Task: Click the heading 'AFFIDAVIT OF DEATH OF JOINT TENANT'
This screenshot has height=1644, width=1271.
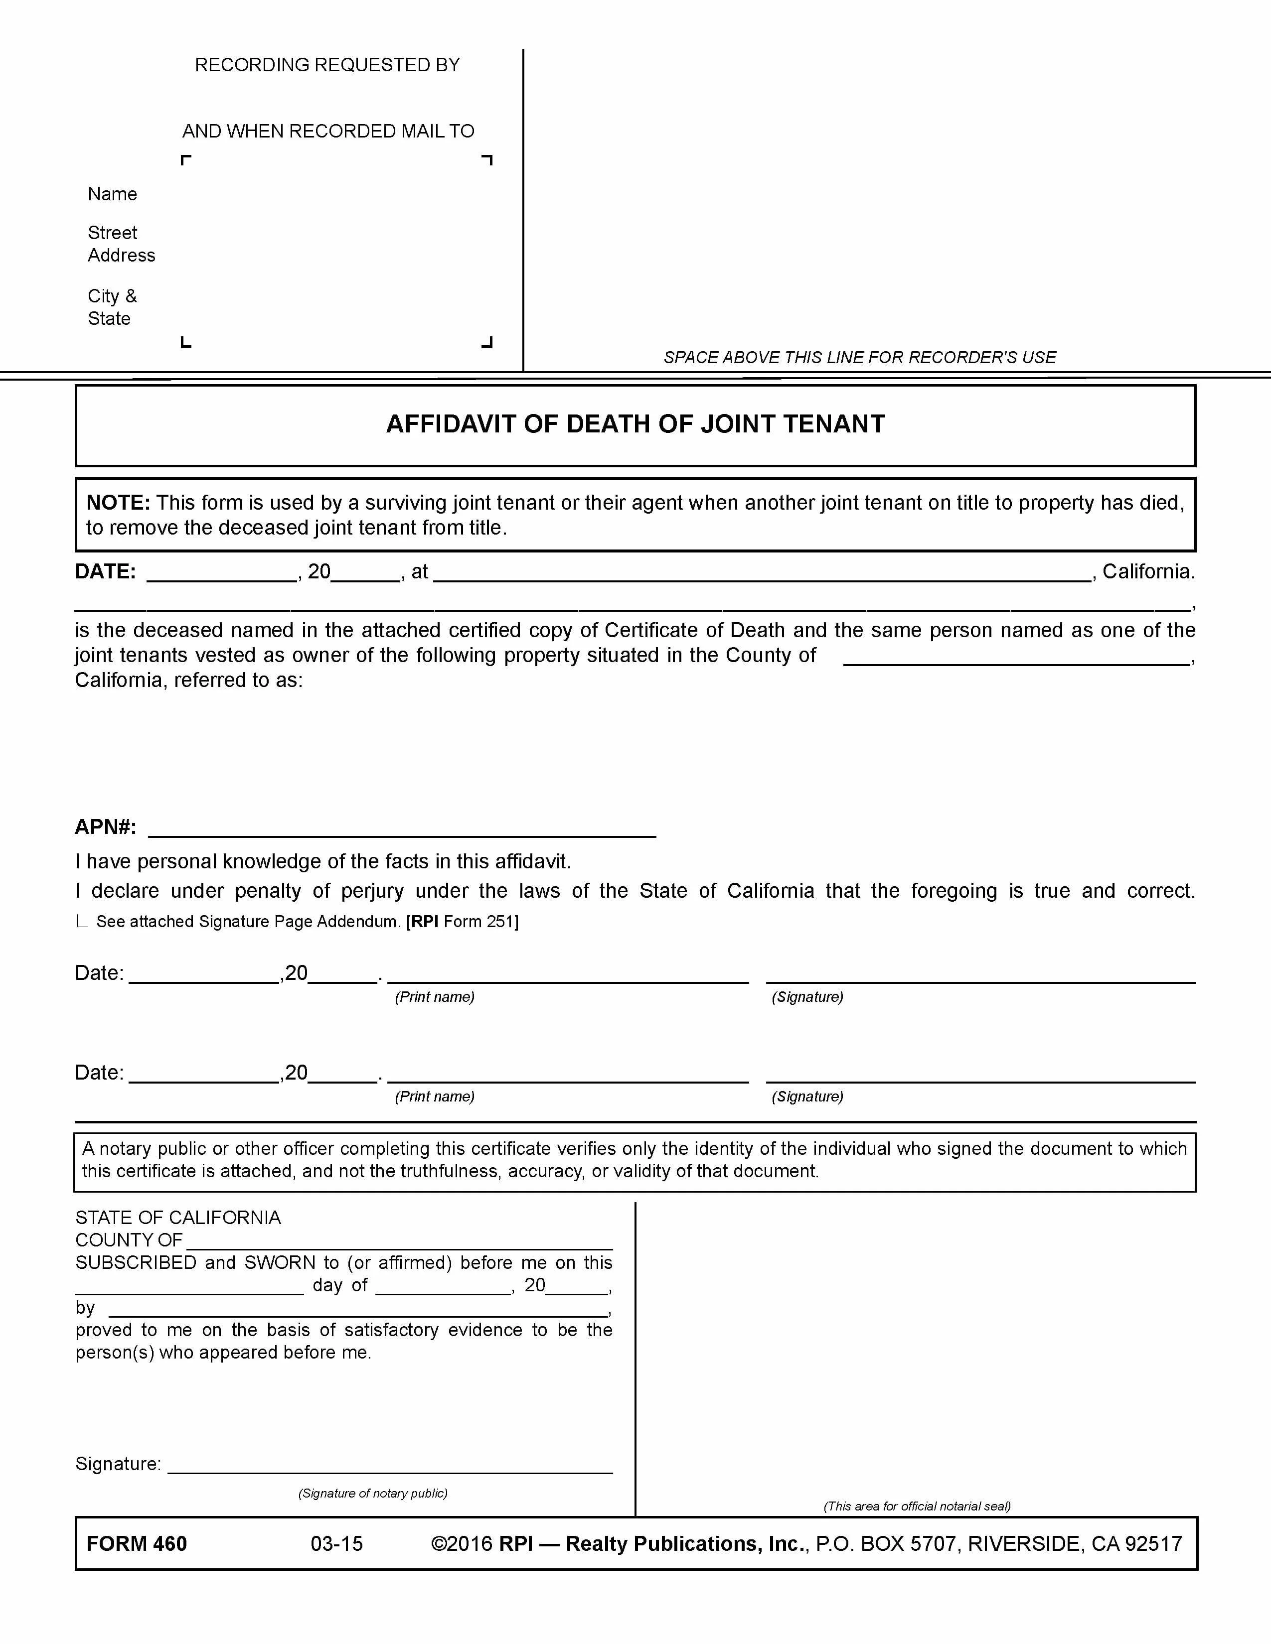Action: coord(635,424)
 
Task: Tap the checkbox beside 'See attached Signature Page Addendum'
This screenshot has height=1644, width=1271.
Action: coord(82,921)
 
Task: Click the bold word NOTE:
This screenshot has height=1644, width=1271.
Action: coord(118,503)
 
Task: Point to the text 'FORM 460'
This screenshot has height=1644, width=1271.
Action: coord(136,1544)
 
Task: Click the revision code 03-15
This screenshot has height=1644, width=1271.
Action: coord(336,1544)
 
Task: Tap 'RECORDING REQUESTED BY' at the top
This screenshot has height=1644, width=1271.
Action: coord(327,65)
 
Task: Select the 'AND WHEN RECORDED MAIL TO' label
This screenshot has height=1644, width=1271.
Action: coord(328,131)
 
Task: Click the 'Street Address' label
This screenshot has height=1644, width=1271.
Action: coord(121,244)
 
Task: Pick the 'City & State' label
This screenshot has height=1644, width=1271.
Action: coord(112,307)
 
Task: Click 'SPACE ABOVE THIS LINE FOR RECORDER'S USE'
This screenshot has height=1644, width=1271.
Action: coord(859,358)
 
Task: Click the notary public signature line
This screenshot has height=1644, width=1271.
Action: coord(390,1464)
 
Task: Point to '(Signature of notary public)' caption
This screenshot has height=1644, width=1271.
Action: coord(373,1494)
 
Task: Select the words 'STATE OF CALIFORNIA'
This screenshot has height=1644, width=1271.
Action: coord(178,1218)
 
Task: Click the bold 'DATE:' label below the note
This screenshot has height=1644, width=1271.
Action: coord(105,572)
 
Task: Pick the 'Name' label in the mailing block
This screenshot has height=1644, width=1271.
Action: coord(112,194)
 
